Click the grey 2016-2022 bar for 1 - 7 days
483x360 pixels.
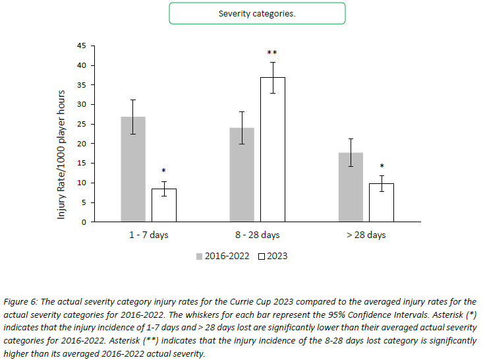(x=133, y=169)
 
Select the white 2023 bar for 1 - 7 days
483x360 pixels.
(x=163, y=205)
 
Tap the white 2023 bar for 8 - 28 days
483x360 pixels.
(x=272, y=150)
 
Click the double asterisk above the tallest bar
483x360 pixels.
(x=272, y=53)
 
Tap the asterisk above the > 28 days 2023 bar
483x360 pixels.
(x=381, y=167)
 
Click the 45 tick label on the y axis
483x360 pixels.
(x=82, y=45)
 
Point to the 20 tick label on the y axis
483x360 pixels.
(x=82, y=144)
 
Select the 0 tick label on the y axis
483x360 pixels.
(x=84, y=222)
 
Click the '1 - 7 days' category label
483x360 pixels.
(x=148, y=235)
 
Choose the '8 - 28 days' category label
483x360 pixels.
(x=257, y=235)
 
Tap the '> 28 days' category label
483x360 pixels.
(x=366, y=235)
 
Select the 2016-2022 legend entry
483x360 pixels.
(x=222, y=256)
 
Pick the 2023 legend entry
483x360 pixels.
(x=273, y=256)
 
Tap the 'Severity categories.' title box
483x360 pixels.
(x=256, y=13)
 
